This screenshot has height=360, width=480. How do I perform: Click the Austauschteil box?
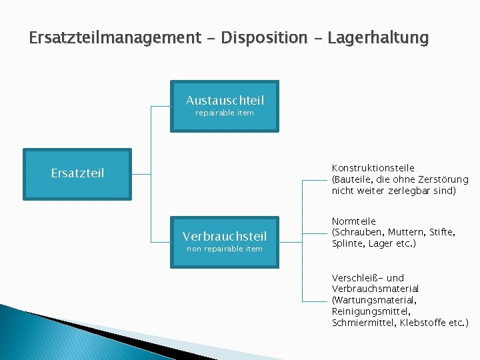(x=225, y=107)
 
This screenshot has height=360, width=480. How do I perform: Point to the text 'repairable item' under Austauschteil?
(x=225, y=113)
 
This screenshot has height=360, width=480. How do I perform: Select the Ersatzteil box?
(x=77, y=173)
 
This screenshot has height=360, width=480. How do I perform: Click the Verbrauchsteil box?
(x=225, y=241)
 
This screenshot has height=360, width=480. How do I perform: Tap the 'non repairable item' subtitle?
(x=225, y=249)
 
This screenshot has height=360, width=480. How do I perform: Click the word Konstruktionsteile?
(x=373, y=168)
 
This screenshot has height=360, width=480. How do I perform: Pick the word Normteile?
(x=354, y=221)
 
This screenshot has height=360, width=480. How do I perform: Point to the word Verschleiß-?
(x=357, y=278)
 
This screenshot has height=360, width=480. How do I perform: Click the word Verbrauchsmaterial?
(x=375, y=289)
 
